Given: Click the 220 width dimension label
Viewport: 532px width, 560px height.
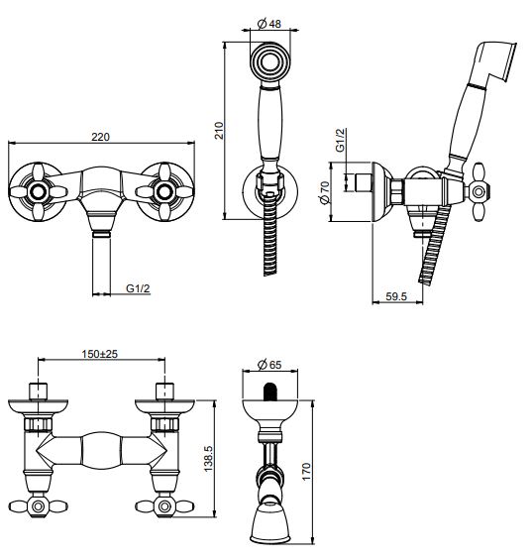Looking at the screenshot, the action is click(100, 137).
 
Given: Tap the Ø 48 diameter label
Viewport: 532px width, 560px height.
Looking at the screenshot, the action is click(268, 24).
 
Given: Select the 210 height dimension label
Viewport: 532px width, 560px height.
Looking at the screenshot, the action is click(219, 131).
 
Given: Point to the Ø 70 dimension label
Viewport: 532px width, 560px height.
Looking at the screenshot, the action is click(325, 192).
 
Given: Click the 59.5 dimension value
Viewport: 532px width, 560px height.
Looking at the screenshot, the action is click(396, 296).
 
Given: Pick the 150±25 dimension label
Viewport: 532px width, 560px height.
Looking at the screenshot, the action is click(100, 354).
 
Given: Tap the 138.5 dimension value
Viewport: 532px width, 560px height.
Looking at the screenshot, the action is click(208, 459).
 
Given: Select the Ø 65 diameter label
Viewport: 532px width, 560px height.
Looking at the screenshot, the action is click(269, 365).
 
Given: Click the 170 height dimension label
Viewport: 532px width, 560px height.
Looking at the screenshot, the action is click(306, 472).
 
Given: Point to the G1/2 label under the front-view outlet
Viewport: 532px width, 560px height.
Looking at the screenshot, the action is click(138, 288).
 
